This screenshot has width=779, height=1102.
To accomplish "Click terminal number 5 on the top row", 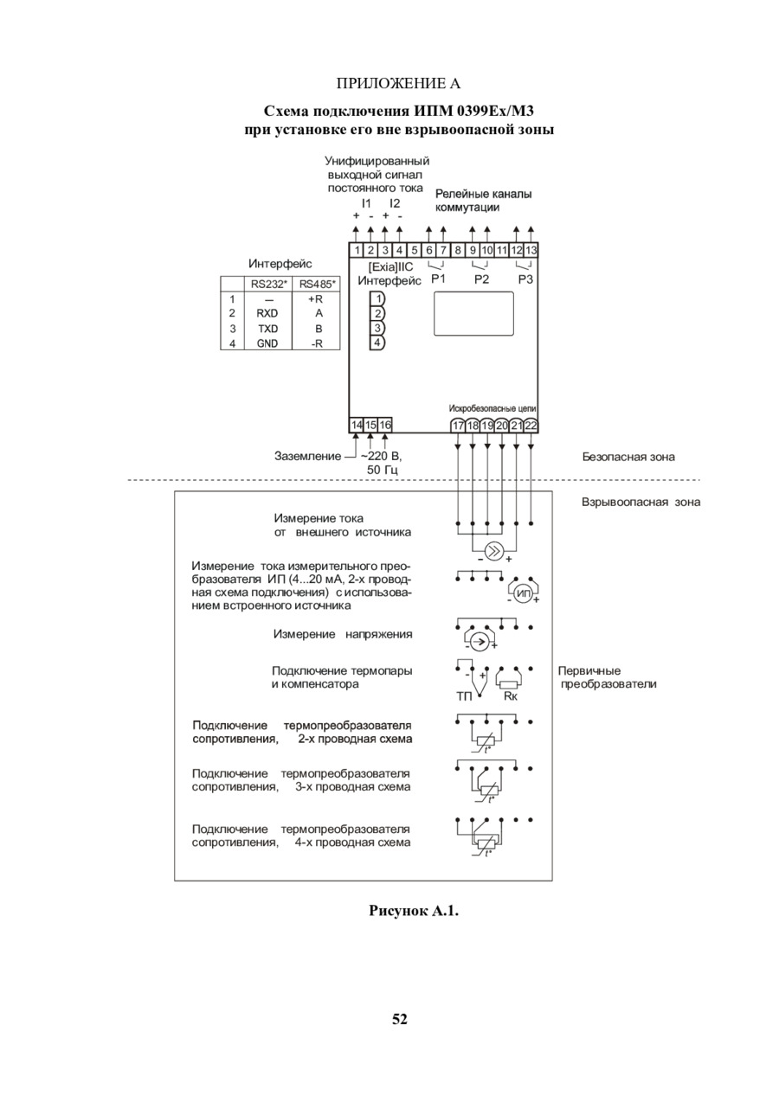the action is point(414,250).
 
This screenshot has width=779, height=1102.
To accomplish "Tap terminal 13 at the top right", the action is point(531,250).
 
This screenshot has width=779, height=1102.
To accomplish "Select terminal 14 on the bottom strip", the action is point(356,425).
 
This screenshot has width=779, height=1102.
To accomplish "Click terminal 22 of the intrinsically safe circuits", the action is point(531,425).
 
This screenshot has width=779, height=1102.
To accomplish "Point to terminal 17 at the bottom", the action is point(458,425).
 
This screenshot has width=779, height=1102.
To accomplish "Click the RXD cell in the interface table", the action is point(267,313).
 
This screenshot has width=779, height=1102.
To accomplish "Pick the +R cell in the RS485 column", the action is point(315,299).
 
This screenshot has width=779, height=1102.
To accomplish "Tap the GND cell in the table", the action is point(267,343).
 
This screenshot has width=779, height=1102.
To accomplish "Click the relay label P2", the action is point(481,279).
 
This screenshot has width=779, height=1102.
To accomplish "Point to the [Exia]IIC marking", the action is point(391,267).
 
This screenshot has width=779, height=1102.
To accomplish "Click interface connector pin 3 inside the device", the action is point(377,328).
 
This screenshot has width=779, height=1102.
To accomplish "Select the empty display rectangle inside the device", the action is point(473,314).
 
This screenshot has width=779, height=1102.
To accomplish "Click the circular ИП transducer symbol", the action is point(523,594).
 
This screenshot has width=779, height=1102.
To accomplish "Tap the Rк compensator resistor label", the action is point(511,696).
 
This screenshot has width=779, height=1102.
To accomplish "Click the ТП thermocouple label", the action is point(464,696).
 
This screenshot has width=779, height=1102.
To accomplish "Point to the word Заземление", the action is point(308,456).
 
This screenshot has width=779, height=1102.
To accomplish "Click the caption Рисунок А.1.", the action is point(414,911).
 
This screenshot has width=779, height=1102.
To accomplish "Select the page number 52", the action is point(400,1019).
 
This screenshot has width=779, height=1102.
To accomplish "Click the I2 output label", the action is point(395,203).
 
